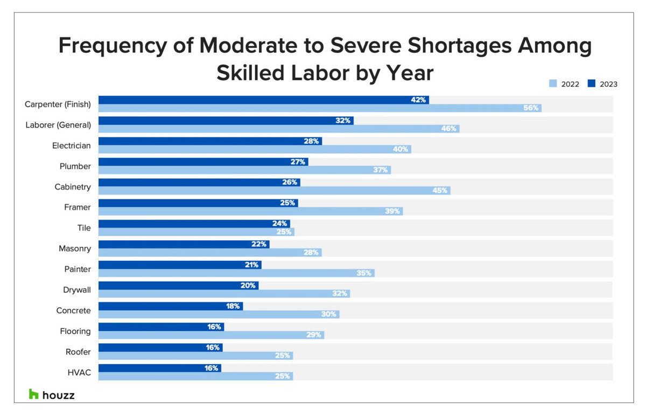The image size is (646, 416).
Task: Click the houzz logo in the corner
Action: [52, 395]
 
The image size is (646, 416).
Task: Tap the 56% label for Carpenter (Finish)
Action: [531, 108]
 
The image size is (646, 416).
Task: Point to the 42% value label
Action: [418, 100]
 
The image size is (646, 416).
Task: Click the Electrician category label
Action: [72, 145]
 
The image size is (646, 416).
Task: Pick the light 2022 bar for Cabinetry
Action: [274, 191]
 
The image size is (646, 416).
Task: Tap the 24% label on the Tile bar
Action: [279, 224]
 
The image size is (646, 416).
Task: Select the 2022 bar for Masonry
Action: [209, 253]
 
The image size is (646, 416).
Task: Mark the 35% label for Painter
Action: [364, 273]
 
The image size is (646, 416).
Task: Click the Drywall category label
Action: [77, 290]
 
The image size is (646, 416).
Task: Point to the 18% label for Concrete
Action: [233, 306]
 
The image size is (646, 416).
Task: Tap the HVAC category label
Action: [80, 372]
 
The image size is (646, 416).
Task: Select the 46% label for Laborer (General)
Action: [449, 129]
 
